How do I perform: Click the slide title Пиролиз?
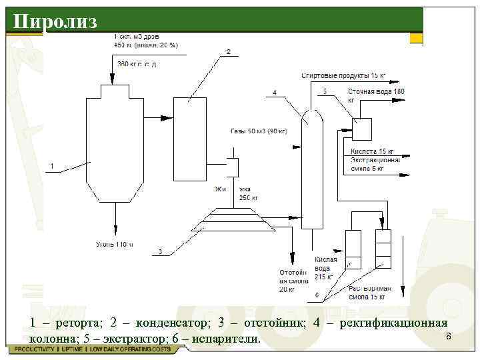tap(55, 21)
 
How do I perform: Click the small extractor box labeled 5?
tap(363, 128)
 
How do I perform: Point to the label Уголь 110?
tap(114, 245)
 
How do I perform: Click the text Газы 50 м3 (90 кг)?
tap(259, 131)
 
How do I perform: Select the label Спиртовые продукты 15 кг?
tap(343, 75)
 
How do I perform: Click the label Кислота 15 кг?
tap(373, 151)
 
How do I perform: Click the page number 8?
tap(449, 337)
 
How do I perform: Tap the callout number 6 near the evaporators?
tap(317, 294)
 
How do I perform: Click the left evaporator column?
tap(353, 248)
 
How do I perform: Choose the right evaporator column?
tap(383, 248)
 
